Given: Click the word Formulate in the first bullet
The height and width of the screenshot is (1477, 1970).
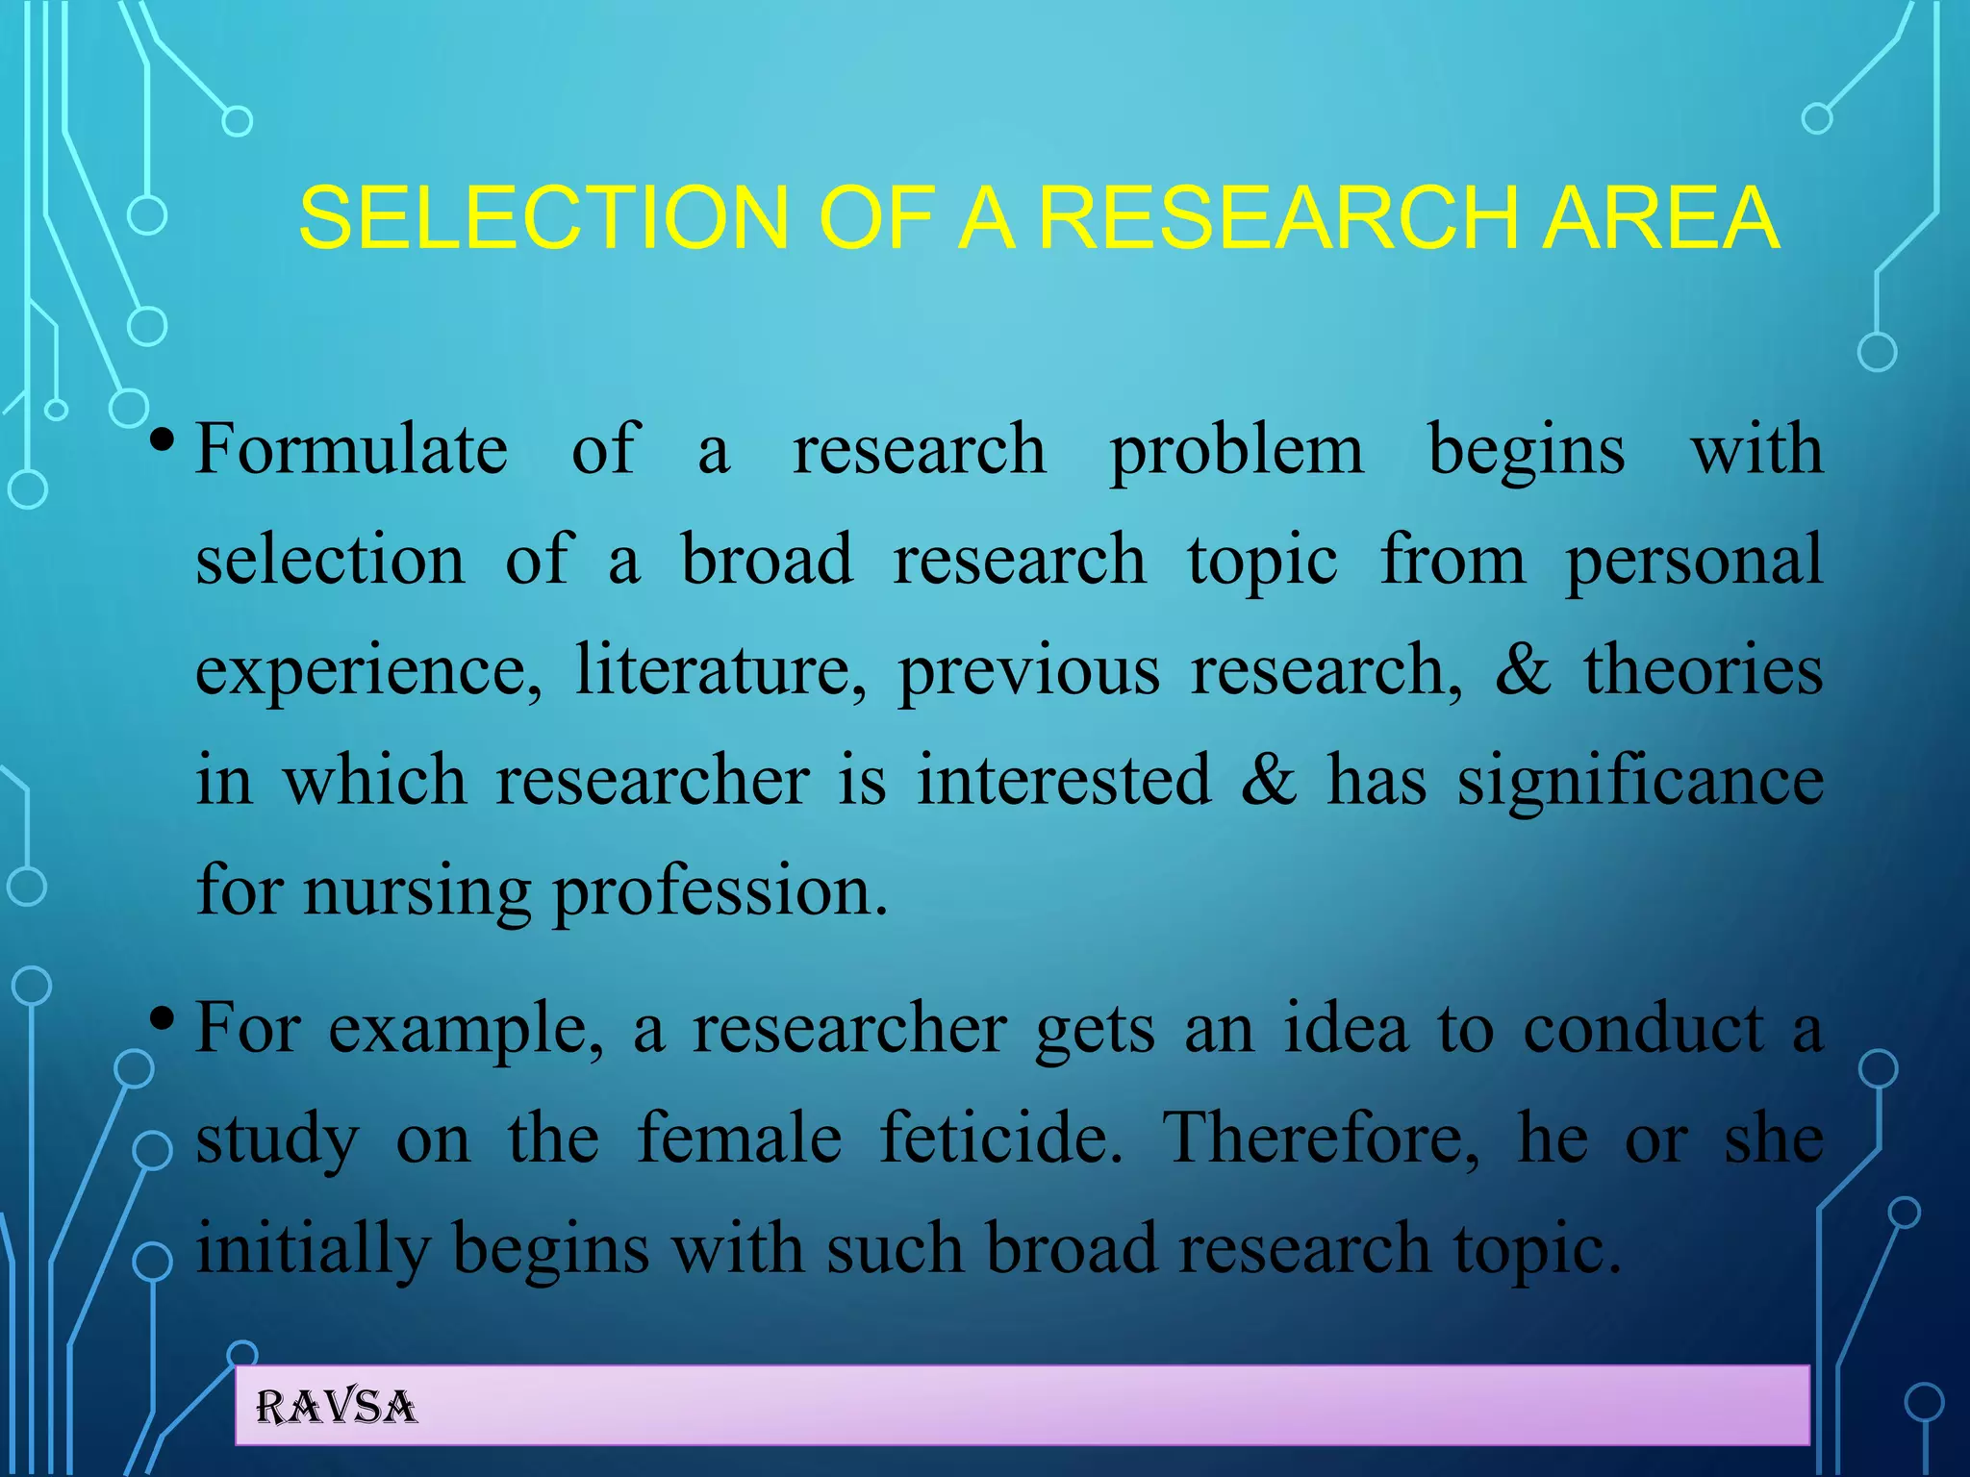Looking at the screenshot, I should point(351,450).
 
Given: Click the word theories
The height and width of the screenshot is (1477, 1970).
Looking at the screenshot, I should point(1704,670).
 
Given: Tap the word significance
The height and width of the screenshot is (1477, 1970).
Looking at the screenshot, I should point(1640,782).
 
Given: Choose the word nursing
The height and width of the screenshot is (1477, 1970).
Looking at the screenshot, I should point(417,892).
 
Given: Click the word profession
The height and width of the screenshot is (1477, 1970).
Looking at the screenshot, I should point(720,892).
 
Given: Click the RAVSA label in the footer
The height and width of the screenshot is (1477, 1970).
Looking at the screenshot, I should point(336,1407).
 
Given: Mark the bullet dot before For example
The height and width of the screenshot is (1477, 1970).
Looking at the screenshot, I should point(162,1017).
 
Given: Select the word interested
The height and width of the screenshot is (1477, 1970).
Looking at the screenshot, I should point(1064,780).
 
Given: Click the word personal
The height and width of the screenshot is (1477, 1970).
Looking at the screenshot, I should point(1694,562).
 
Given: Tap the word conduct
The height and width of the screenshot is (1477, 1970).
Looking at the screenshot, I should point(1644,1029).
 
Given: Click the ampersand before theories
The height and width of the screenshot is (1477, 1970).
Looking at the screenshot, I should point(1523,670).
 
